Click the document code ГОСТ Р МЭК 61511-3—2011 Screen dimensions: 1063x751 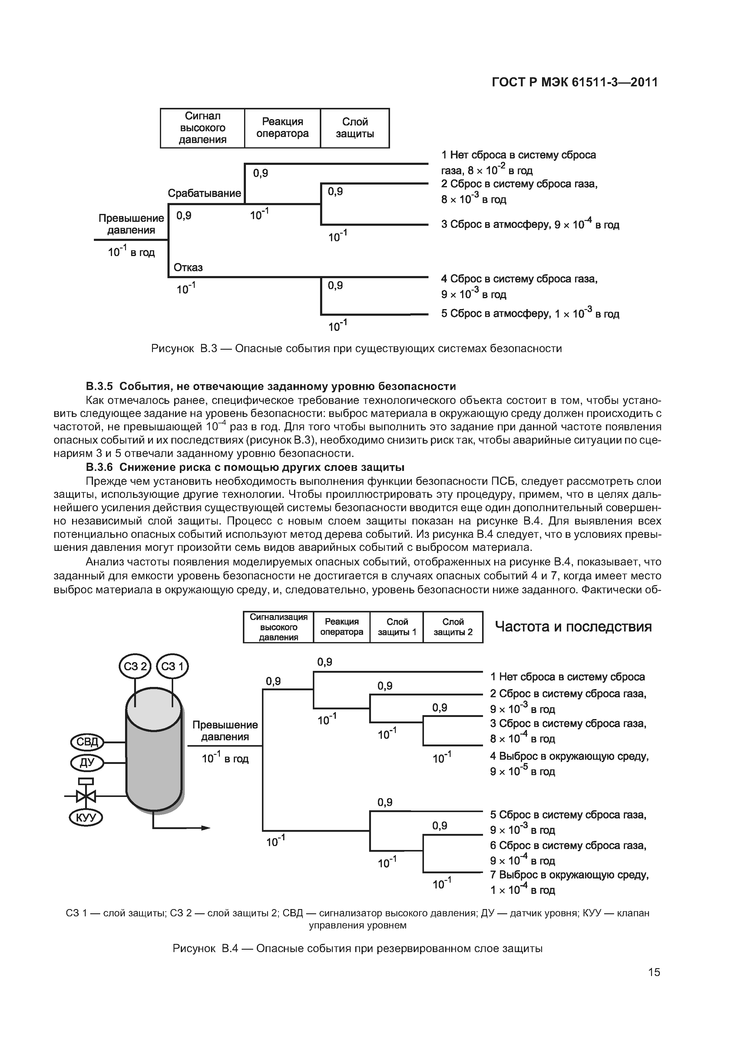tap(574, 82)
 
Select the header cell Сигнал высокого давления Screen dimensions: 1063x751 tap(202, 128)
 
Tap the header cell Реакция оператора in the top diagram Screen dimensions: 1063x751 tap(282, 128)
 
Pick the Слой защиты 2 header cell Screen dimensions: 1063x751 tap(452, 627)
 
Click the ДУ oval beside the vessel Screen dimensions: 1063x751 tap(87, 762)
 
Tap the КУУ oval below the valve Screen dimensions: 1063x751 tap(86, 818)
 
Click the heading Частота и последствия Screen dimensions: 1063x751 tap(573, 627)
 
